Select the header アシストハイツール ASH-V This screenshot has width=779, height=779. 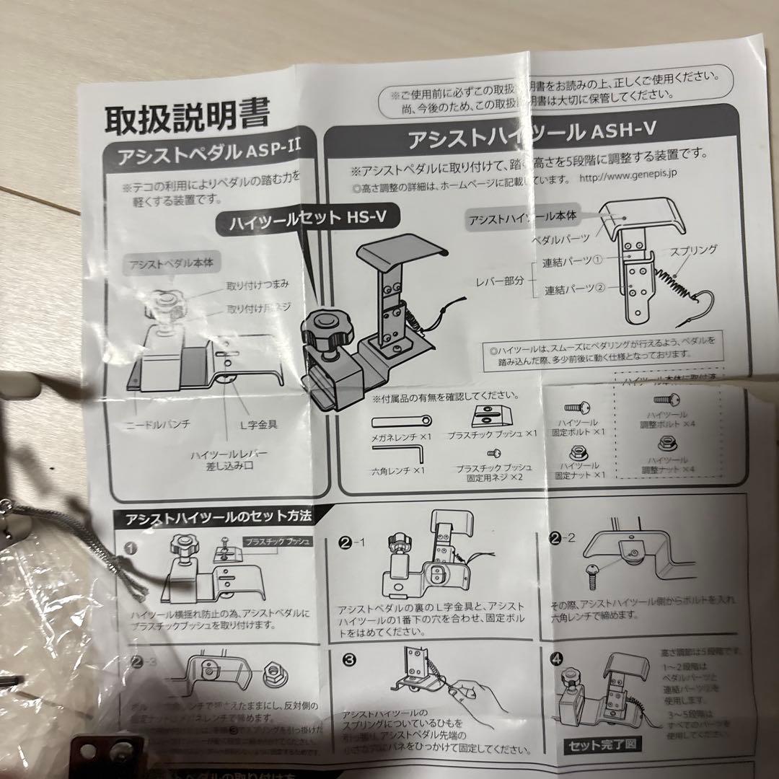click(x=519, y=136)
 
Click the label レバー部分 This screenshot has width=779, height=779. click(x=504, y=278)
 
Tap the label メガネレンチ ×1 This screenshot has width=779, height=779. click(x=401, y=436)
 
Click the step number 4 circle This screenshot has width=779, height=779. click(x=555, y=659)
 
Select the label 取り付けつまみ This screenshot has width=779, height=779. click(x=255, y=286)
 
